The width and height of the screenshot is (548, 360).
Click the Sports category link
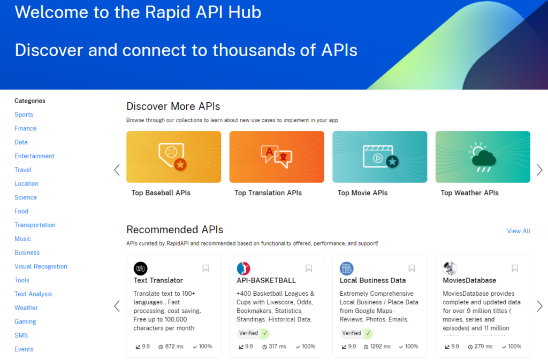pos(24,114)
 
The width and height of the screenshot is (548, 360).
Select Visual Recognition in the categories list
pos(41,266)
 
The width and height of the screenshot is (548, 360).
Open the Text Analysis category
pos(33,294)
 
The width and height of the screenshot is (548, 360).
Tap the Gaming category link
pos(25,321)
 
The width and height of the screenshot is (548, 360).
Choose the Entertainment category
pos(34,156)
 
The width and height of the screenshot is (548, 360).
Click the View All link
pos(519,231)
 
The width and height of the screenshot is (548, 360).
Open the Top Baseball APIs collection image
pos(174,157)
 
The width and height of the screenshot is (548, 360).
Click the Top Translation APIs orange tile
pos(277,157)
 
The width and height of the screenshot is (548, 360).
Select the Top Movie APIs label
pos(362,193)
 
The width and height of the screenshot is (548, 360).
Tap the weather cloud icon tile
pos(483,157)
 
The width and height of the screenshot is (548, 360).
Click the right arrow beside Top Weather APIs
pos(539,170)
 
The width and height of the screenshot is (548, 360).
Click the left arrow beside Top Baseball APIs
pos(117,170)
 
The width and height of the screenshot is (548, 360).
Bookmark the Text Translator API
pos(205,268)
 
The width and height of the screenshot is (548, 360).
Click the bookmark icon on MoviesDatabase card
pos(515,268)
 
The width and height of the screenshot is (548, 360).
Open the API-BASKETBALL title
pos(267,280)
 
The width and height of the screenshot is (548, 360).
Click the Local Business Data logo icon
pos(346,269)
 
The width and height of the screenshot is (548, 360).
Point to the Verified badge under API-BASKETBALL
pos(253,333)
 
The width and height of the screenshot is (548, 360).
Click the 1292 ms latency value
pos(380,347)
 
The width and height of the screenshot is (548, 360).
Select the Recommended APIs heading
pos(175,230)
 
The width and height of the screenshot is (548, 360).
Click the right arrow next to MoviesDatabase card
pos(539,306)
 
